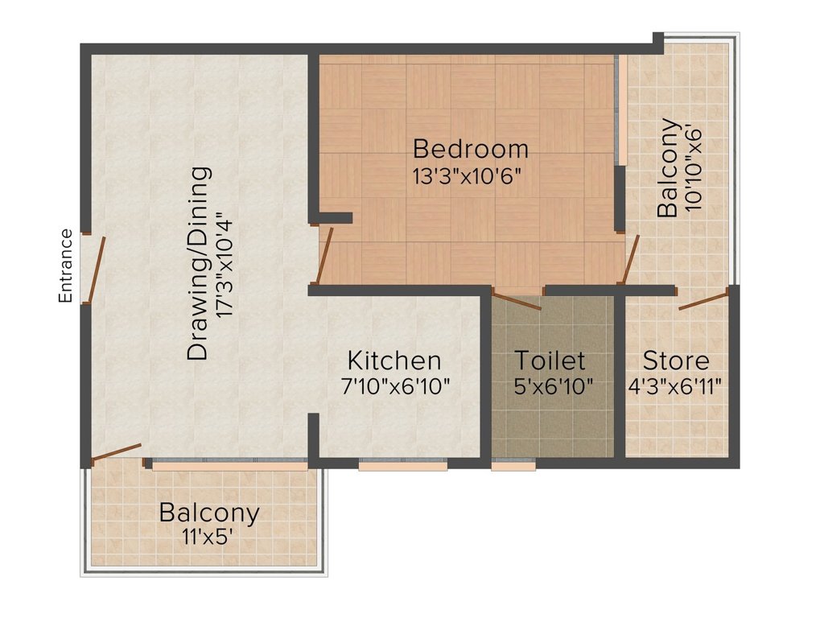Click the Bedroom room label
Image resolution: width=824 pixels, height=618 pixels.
470,149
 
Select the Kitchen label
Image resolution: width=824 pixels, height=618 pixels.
394,361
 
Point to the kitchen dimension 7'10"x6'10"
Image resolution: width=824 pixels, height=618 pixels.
395,387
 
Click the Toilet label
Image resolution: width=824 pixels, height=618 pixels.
550,360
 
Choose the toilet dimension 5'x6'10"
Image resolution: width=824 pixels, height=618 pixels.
554,387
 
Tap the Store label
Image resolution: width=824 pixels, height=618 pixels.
676,361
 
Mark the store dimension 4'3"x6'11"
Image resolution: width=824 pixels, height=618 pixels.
675,387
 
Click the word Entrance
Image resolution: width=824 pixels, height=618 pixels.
65,266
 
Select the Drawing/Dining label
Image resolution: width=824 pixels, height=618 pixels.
200,263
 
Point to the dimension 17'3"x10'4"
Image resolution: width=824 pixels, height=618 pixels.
224,264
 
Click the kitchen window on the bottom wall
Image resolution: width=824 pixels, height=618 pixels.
403,464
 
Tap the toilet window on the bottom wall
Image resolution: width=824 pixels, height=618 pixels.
513,464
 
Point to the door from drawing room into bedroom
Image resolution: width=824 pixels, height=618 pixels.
324,256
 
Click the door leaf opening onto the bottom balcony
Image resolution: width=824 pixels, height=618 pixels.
116,453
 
